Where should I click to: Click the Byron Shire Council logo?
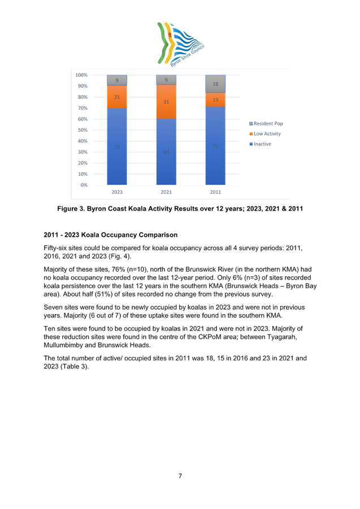pyautogui.click(x=180, y=44)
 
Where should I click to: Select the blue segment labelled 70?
pyautogui.click(x=117, y=146)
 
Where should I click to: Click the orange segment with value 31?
pyautogui.click(x=166, y=102)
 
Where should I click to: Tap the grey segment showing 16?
pyautogui.click(x=215, y=84)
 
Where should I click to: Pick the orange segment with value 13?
pyautogui.click(x=215, y=99)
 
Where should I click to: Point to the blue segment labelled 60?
pyautogui.click(x=166, y=151)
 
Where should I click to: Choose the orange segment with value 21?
pyautogui.click(x=117, y=97)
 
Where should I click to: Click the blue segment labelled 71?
pyautogui.click(x=215, y=146)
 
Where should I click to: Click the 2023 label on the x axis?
pyautogui.click(x=117, y=192)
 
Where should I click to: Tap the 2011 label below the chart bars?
pyautogui.click(x=215, y=192)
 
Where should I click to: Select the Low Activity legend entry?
pyautogui.click(x=265, y=134)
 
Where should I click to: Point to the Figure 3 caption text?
pyautogui.click(x=180, y=208)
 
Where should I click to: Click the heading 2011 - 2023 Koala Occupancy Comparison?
pyautogui.click(x=110, y=234)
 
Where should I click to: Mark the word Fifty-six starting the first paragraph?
pyautogui.click(x=54, y=249)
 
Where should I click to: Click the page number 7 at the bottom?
pyautogui.click(x=180, y=476)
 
